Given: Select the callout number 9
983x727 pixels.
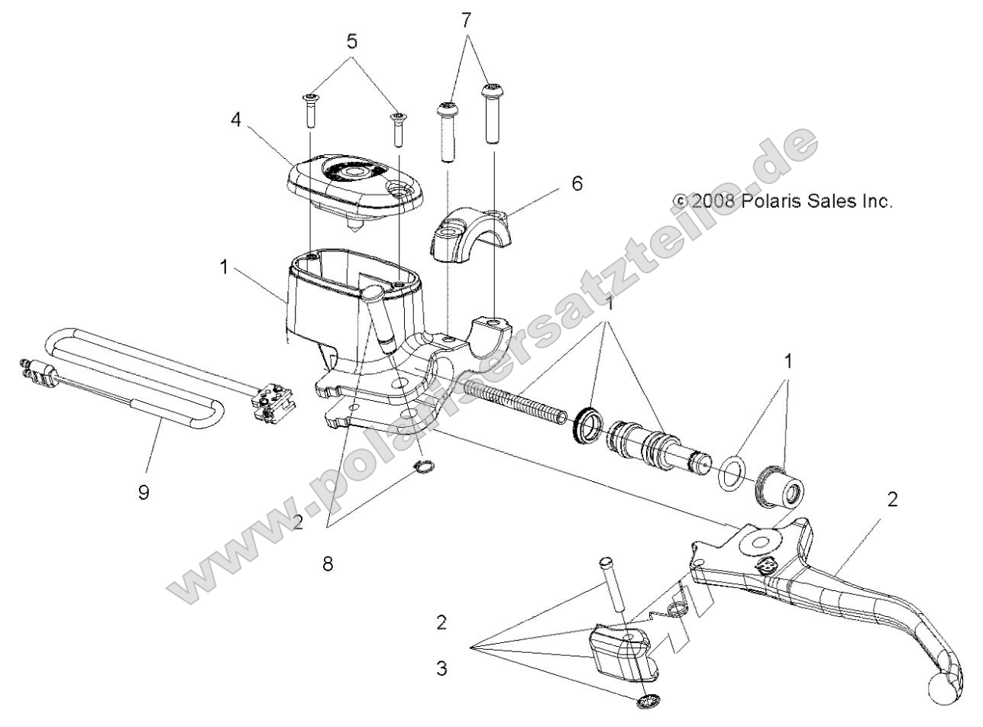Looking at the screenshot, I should point(144,492).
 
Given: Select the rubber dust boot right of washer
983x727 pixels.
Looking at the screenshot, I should point(781,487).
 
